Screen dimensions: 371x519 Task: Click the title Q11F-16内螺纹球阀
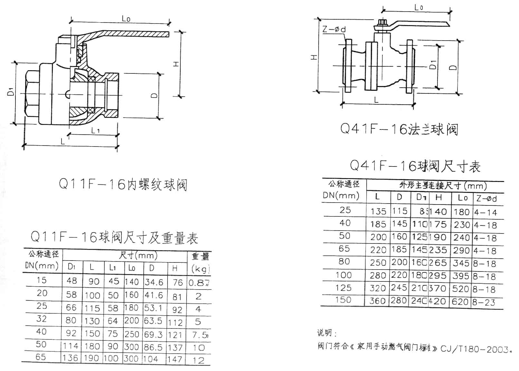click(x=123, y=185)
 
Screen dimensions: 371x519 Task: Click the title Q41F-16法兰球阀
click(x=399, y=129)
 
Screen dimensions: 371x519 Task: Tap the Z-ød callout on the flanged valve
click(x=334, y=29)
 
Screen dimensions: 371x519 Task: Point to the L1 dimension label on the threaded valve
click(x=95, y=130)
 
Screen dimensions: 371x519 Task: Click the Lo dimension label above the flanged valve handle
click(x=418, y=7)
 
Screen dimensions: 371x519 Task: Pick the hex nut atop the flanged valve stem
click(x=382, y=23)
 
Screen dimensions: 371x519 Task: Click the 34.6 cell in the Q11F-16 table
click(x=154, y=282)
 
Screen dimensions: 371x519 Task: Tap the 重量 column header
click(x=200, y=256)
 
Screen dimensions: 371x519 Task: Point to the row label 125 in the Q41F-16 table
click(x=343, y=287)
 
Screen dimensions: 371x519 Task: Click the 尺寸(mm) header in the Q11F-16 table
click(x=138, y=256)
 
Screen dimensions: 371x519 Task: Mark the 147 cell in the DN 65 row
click(x=175, y=359)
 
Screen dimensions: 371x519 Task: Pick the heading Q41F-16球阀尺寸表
click(x=415, y=166)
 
